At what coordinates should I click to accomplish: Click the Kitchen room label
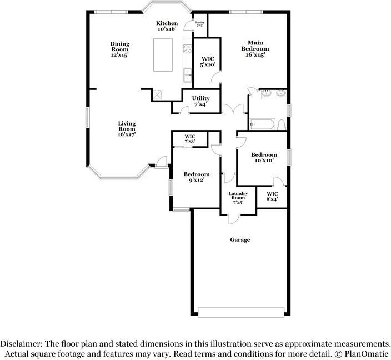(x=167, y=26)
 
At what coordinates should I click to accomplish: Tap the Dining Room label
(x=119, y=49)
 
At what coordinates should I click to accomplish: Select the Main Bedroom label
(x=255, y=49)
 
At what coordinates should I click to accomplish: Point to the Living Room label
(x=127, y=129)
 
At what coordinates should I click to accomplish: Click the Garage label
(x=240, y=240)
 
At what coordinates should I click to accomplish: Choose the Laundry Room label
(x=239, y=197)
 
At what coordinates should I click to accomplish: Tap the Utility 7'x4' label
(x=200, y=102)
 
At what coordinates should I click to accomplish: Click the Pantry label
(x=199, y=23)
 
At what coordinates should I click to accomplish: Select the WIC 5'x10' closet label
(x=208, y=61)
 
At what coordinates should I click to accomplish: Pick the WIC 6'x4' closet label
(x=272, y=196)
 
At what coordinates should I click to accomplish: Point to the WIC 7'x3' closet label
(x=190, y=139)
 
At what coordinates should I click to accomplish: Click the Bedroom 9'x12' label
(x=197, y=177)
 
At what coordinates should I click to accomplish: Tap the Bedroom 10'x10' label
(x=263, y=158)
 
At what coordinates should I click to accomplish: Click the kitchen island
(x=164, y=55)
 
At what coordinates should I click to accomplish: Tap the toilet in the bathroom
(x=282, y=123)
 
